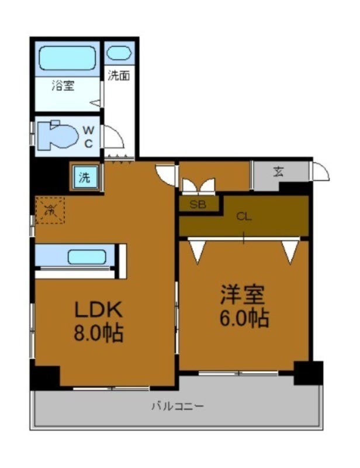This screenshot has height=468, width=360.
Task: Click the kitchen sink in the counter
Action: (86, 257)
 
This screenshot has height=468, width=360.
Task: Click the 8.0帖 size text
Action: (98, 334)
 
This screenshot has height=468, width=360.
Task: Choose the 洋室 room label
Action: (244, 294)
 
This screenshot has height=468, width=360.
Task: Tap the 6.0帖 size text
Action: (244, 319)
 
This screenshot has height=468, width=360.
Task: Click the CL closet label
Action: (244, 216)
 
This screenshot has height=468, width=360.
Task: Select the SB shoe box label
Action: (197, 204)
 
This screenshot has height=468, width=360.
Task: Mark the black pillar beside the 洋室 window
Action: (308, 373)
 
